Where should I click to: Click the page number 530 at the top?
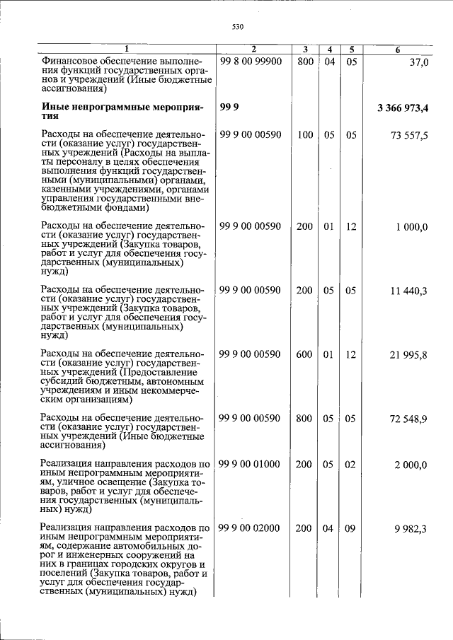237,27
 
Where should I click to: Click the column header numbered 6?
398,50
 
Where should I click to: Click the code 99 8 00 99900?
251,62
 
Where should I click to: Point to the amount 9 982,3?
411,528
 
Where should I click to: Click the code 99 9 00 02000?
251,528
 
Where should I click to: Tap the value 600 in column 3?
304,355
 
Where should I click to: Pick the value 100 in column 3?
304,135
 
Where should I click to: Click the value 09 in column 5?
350,528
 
